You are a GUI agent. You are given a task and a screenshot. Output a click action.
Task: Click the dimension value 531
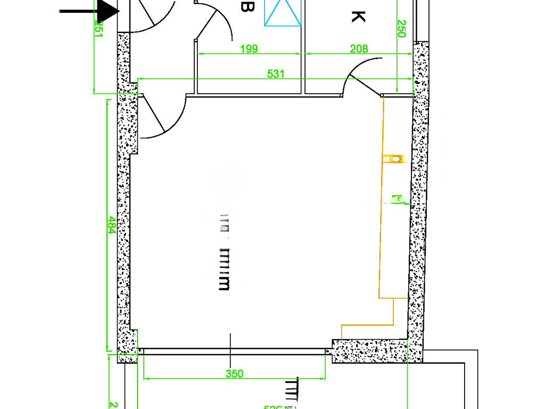click(x=276, y=74)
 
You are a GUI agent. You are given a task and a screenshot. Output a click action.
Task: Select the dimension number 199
click(x=249, y=49)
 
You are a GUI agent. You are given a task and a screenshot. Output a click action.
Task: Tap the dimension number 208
click(x=359, y=49)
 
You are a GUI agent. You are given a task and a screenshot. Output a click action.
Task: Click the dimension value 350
click(x=234, y=374)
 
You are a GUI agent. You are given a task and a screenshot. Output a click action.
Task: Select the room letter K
click(x=358, y=17)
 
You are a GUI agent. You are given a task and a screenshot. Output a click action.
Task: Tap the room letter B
click(x=246, y=7)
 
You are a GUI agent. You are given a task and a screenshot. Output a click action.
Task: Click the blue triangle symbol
click(x=283, y=13)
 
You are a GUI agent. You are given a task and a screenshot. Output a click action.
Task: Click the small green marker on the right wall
click(x=397, y=200)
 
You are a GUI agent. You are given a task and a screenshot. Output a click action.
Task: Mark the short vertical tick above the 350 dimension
click(x=230, y=341)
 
